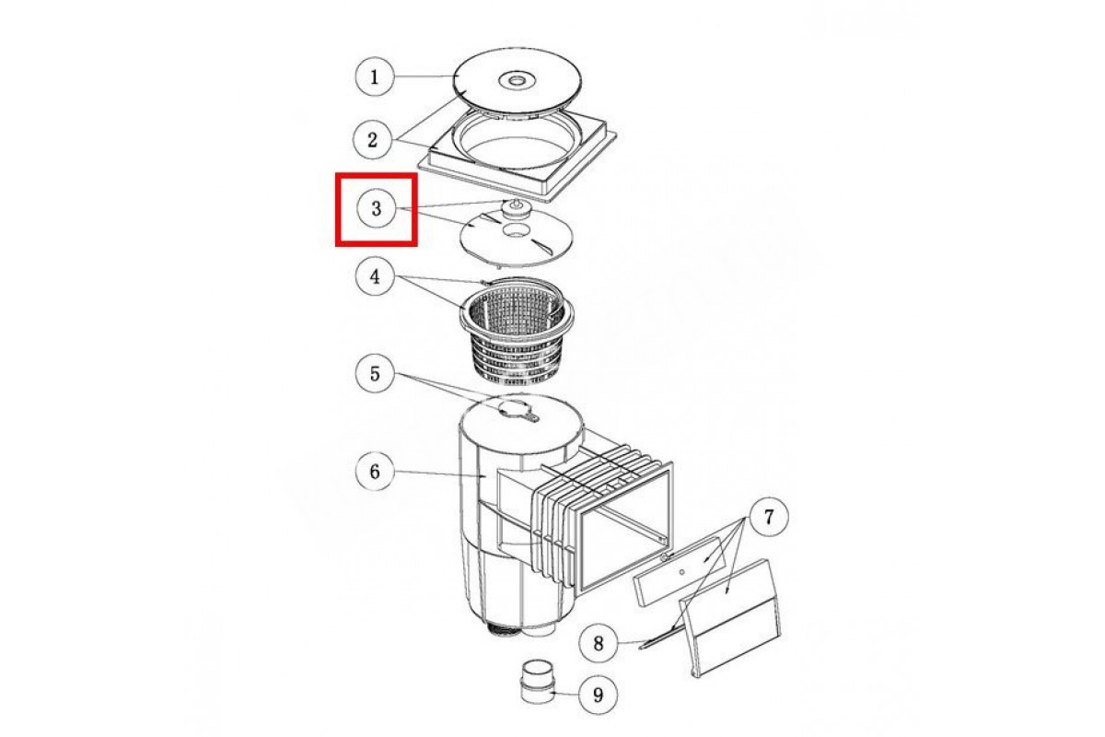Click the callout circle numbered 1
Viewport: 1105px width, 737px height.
375,76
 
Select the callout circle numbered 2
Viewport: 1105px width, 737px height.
372,140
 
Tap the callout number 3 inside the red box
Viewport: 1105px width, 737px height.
377,208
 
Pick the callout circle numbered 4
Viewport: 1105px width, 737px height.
375,276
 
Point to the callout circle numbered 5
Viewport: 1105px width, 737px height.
375,373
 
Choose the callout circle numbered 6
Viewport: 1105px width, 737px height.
375,472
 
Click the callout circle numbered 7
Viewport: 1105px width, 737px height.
769,517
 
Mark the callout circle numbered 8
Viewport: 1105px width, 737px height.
599,643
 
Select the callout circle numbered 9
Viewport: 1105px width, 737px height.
598,695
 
